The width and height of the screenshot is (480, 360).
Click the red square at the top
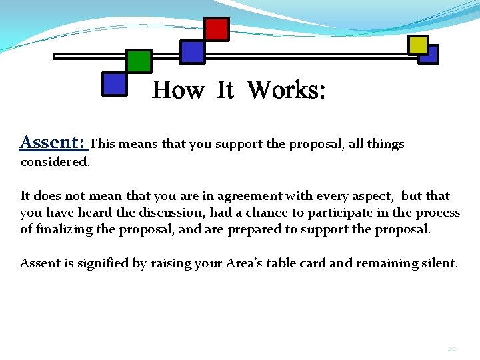click(x=217, y=29)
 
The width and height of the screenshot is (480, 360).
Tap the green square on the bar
click(x=139, y=61)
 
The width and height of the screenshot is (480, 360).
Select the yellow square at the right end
click(x=419, y=45)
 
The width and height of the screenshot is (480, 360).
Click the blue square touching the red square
click(x=193, y=52)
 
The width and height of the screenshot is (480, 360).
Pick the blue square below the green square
click(x=115, y=84)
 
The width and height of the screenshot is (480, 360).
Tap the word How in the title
click(x=178, y=89)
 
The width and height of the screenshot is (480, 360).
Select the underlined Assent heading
click(x=53, y=142)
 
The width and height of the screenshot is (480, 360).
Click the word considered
click(x=55, y=162)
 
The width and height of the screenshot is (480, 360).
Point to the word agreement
click(x=244, y=196)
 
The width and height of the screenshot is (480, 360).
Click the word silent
click(x=439, y=263)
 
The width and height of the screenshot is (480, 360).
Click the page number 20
click(x=453, y=348)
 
